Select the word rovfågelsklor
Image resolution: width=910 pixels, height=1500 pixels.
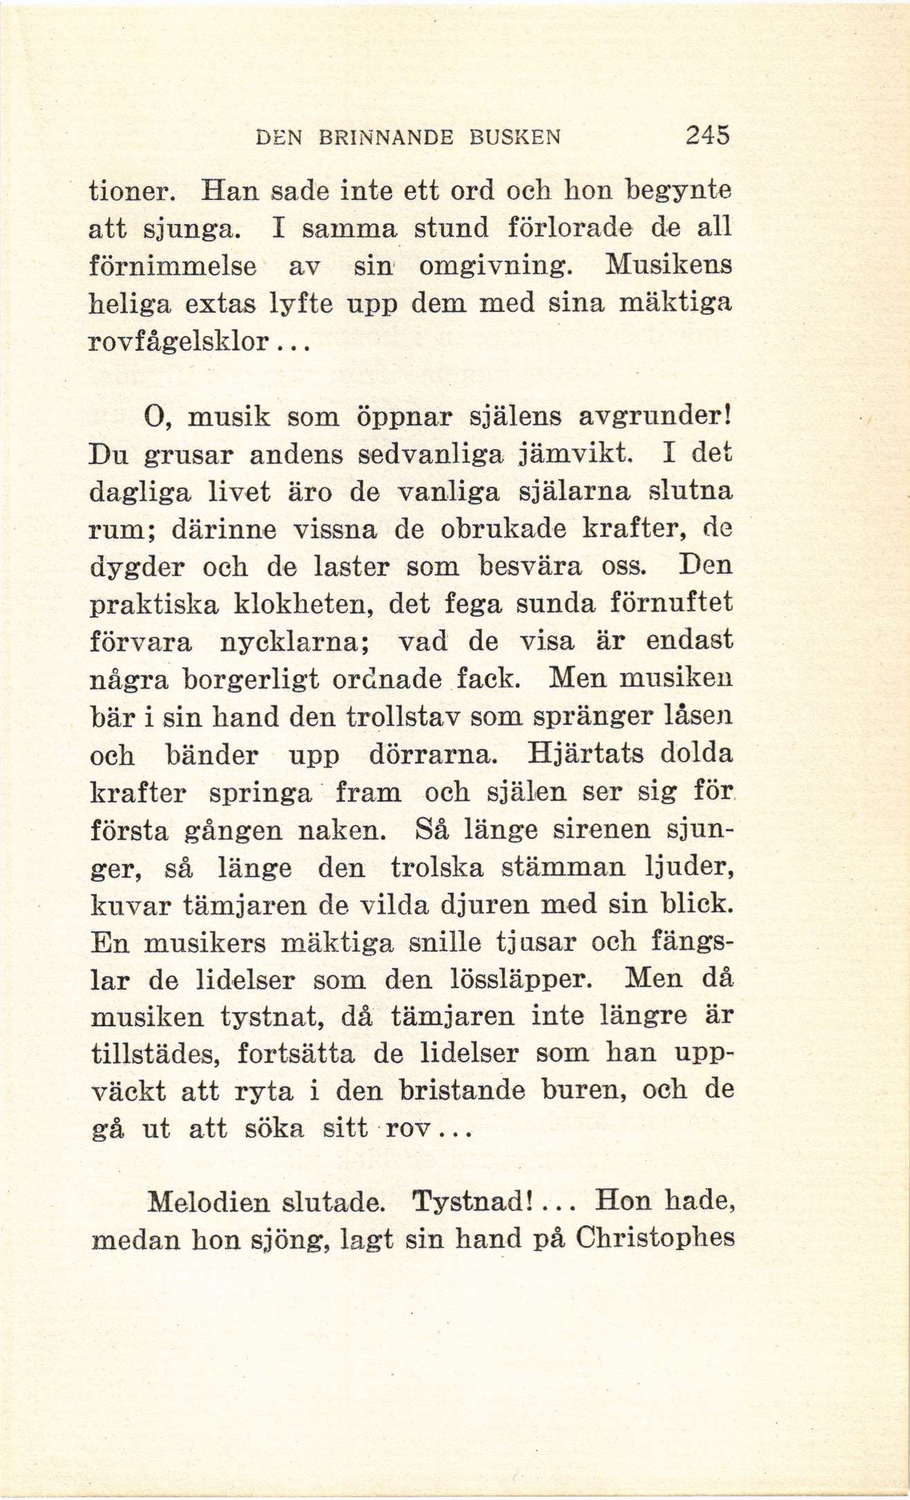179,344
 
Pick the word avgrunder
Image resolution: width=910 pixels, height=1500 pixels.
653,418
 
